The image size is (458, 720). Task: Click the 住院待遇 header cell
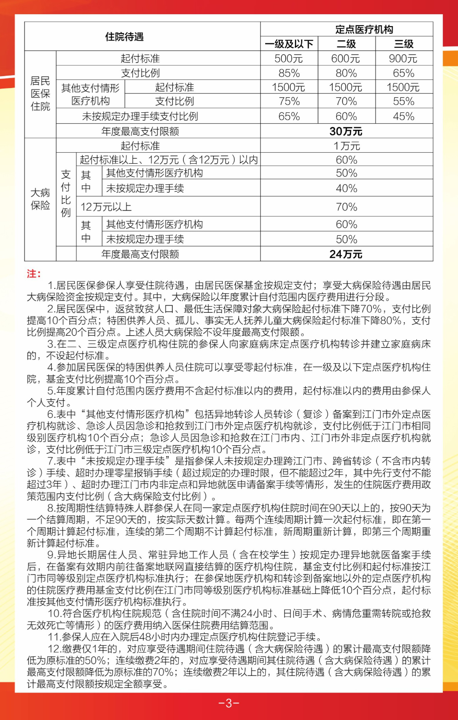125,37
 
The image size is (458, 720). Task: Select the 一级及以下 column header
289,44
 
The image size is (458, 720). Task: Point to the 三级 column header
403,44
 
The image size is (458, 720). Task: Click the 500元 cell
289,59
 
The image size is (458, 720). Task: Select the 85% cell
289,73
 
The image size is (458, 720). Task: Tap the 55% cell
403,101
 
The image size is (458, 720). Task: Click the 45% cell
403,116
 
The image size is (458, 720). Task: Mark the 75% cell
289,101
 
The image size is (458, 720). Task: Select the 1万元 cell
346,146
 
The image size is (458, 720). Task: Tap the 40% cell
346,188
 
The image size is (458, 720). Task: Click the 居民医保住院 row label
40,94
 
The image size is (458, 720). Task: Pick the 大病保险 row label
40,199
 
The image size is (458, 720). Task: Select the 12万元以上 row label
106,207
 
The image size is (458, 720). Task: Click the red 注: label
34,274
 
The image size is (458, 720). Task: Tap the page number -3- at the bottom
229,703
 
